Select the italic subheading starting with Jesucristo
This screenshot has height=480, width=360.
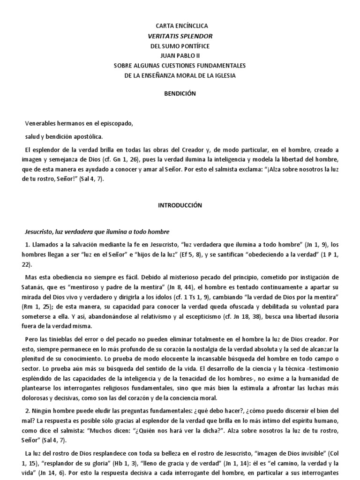pyautogui.click(x=96, y=232)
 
